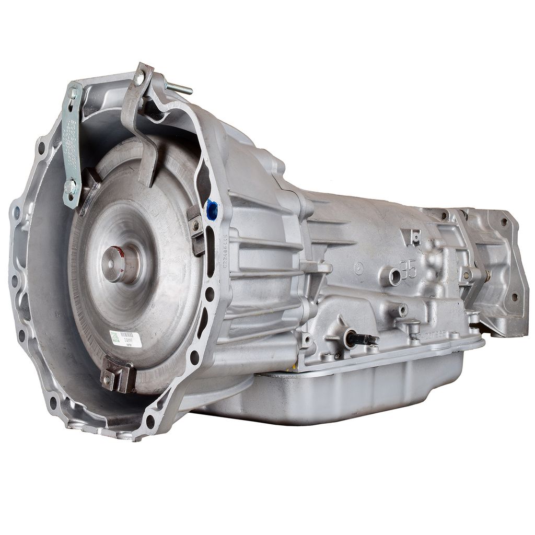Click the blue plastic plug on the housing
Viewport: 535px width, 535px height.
(x=212, y=210)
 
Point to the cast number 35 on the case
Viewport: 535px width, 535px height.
(x=409, y=270)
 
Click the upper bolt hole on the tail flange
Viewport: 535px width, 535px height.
(x=504, y=222)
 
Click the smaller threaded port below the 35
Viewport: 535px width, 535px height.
(x=402, y=310)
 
